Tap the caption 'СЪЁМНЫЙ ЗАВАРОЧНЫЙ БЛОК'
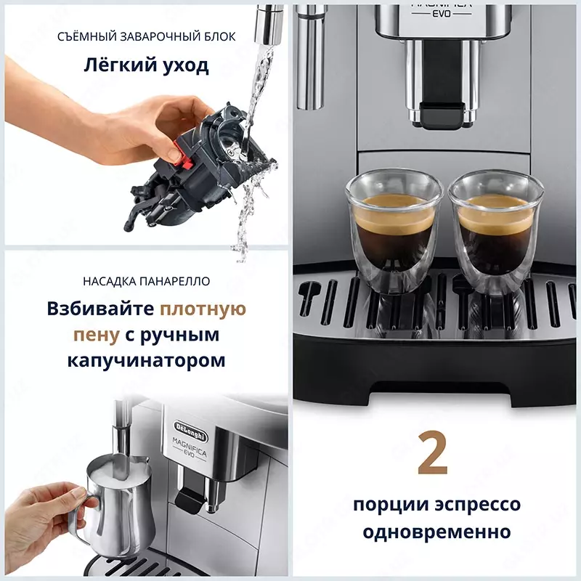click(x=147, y=36)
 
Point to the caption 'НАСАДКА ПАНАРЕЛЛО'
click(x=147, y=281)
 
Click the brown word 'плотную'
click(x=203, y=309)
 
